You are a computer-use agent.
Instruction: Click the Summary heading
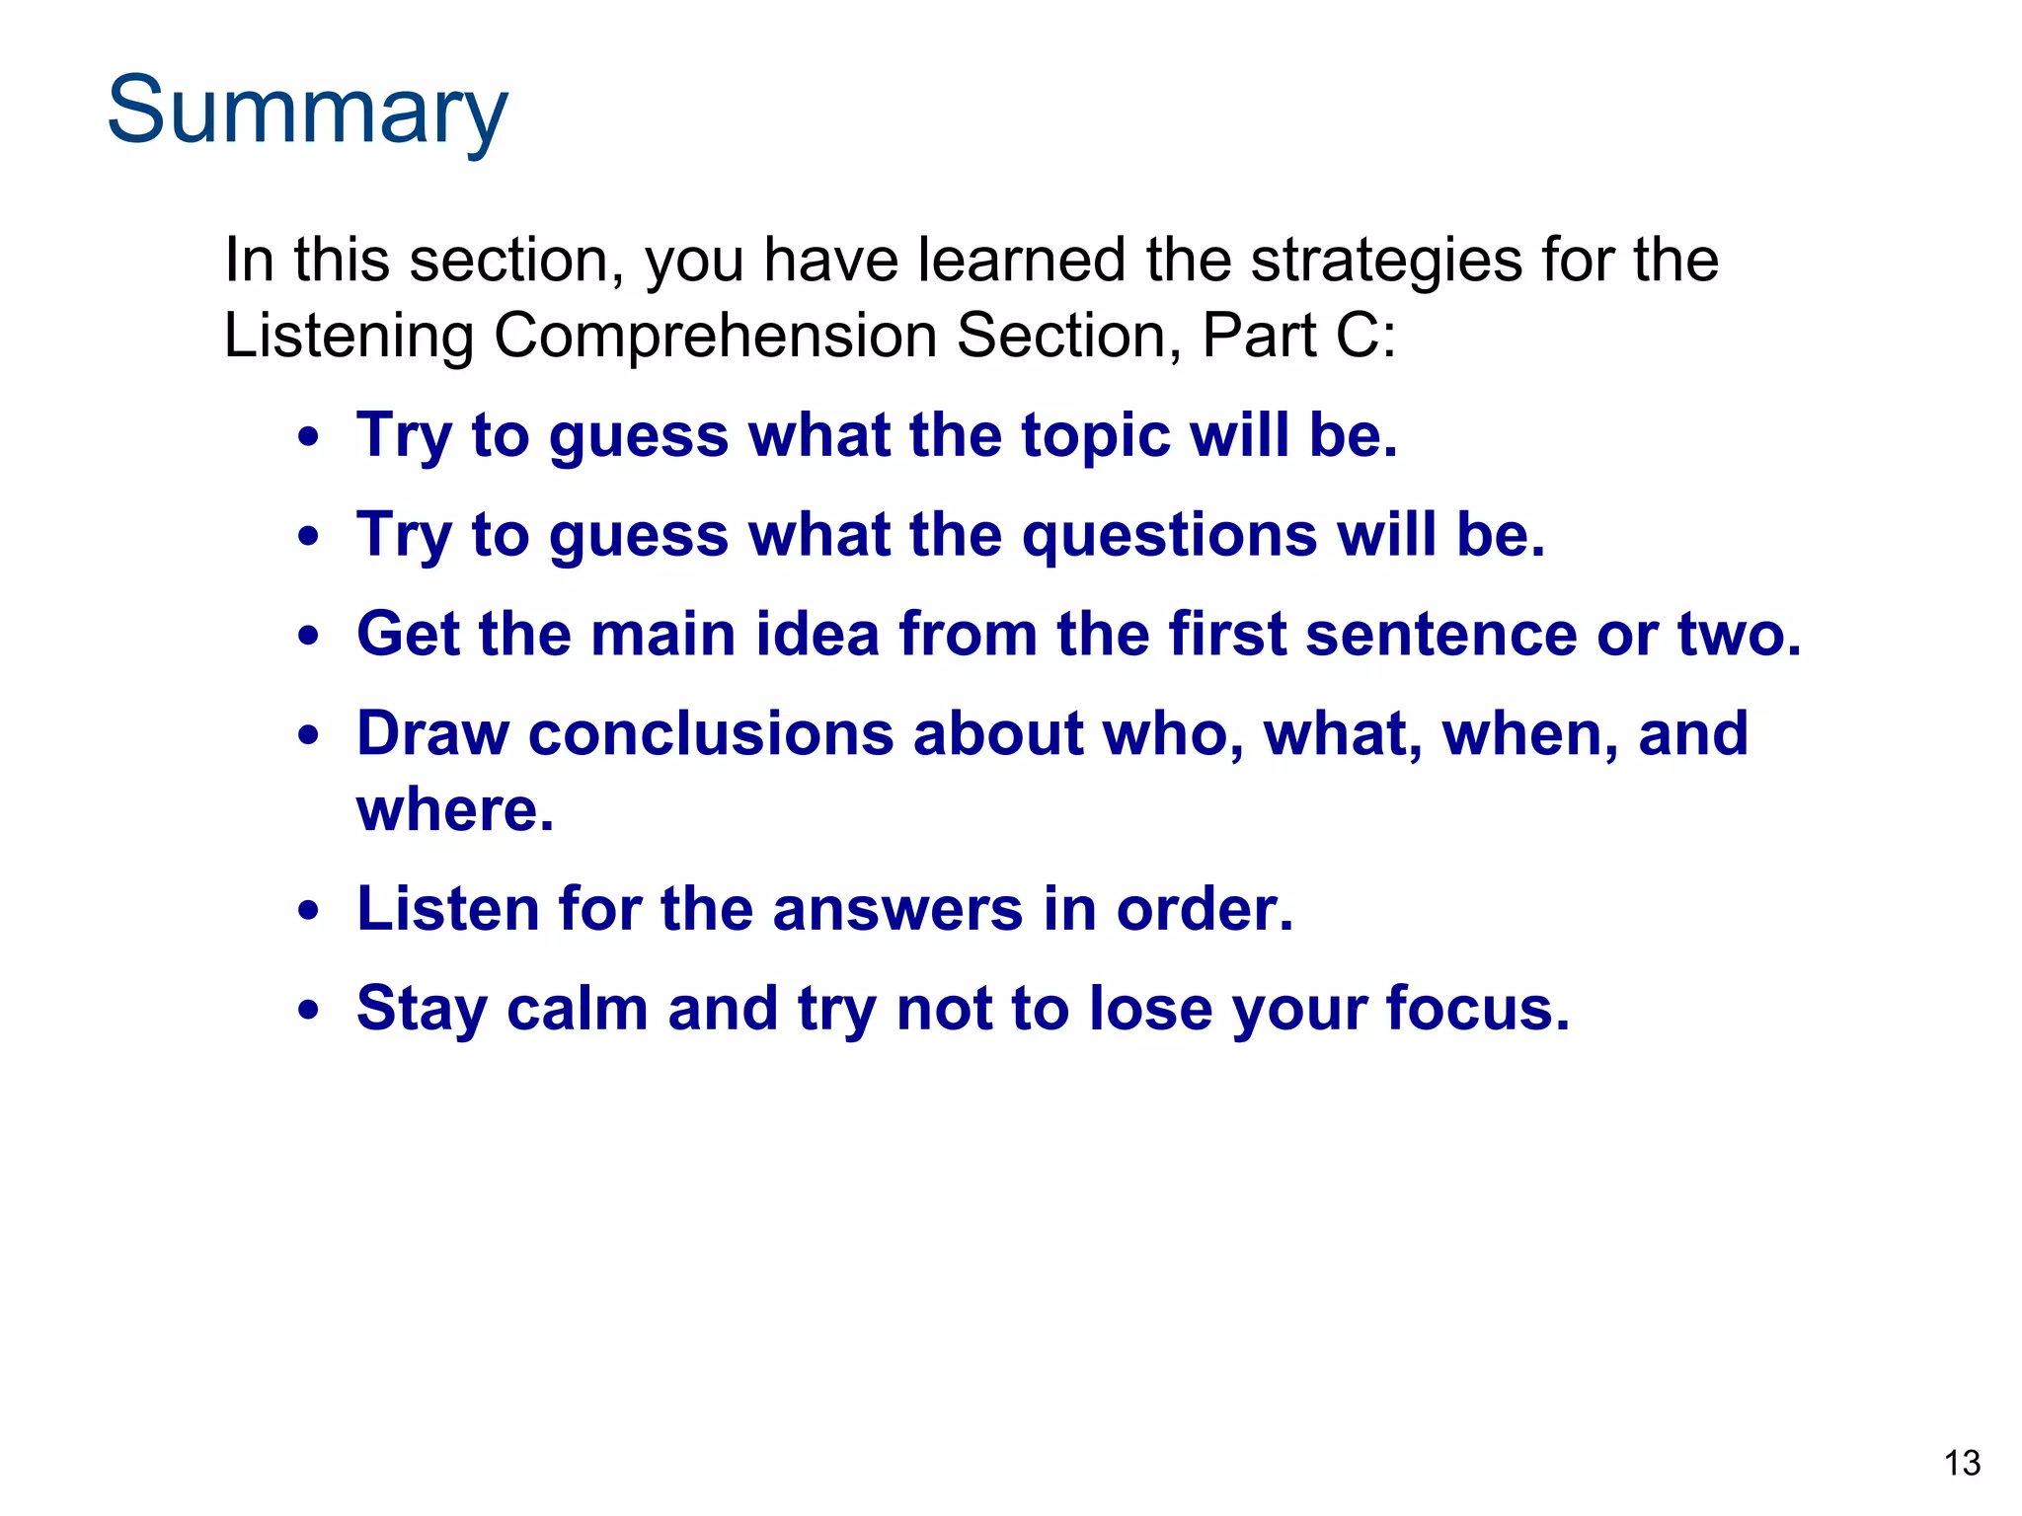pyautogui.click(x=307, y=111)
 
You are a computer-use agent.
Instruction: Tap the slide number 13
pyautogui.click(x=1961, y=1463)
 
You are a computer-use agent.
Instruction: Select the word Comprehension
pyautogui.click(x=717, y=336)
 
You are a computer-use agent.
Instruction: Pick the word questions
pyautogui.click(x=1169, y=535)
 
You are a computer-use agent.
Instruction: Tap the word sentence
pyautogui.click(x=1440, y=634)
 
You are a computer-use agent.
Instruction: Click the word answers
pyautogui.click(x=897, y=909)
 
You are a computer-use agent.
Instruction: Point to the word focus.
pyautogui.click(x=1477, y=1009)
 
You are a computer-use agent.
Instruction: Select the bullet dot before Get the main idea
pyautogui.click(x=309, y=637)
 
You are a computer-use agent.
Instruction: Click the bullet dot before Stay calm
pyautogui.click(x=309, y=1012)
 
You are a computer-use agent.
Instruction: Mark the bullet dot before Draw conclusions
pyautogui.click(x=309, y=736)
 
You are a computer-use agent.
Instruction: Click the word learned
pyautogui.click(x=1021, y=261)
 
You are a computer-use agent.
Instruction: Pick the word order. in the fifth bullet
pyautogui.click(x=1204, y=909)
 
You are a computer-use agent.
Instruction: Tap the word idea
pyautogui.click(x=817, y=634)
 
